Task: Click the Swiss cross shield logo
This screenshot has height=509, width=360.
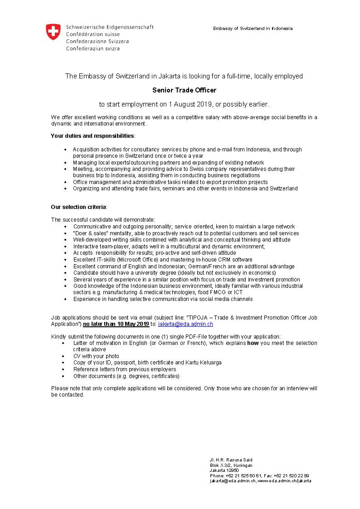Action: (53, 32)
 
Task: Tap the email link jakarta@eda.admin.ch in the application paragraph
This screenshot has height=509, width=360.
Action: (185, 324)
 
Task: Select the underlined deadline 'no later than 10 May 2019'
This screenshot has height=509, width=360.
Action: (116, 324)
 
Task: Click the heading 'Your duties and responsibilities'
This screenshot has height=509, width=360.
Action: (92, 136)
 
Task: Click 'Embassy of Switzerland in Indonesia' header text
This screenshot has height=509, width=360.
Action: (253, 29)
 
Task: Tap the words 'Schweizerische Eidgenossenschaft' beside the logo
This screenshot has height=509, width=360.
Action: (109, 27)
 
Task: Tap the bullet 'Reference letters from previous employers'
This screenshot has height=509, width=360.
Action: (125, 369)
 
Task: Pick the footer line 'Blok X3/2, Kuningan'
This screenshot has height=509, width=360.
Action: (231, 465)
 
